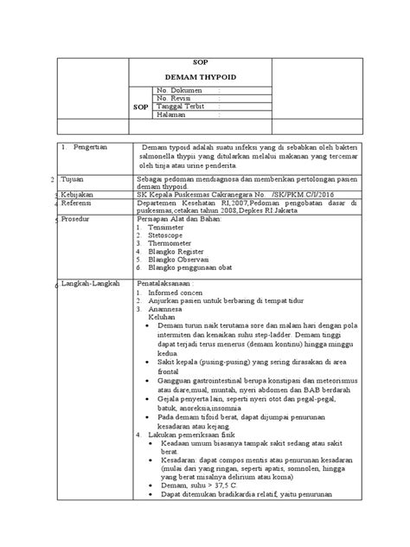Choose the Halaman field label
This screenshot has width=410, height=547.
tap(171, 114)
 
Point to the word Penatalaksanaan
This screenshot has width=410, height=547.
tap(165, 284)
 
